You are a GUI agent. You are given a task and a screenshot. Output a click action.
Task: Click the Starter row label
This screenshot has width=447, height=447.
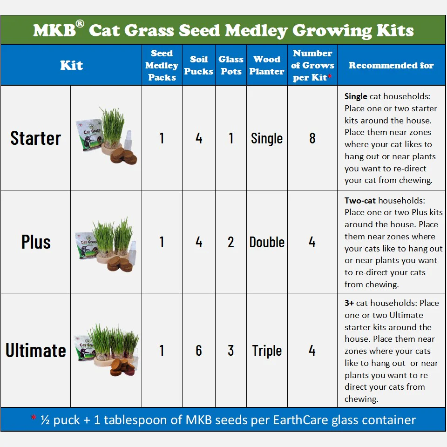[36, 138]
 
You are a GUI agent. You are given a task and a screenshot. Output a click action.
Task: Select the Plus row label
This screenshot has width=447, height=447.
[36, 242]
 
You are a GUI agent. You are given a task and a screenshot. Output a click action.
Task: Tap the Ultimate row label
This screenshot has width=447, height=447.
[36, 350]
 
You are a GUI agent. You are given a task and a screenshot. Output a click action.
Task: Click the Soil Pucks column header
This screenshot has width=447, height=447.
[199, 65]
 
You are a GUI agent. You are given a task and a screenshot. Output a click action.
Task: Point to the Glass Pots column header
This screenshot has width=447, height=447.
[231, 65]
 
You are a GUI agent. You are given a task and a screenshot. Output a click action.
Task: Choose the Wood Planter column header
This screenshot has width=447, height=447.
[267, 65]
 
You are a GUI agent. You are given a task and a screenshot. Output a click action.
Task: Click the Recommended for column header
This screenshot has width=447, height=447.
[391, 65]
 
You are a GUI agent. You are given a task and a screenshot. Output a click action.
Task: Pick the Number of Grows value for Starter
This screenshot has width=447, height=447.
[312, 138]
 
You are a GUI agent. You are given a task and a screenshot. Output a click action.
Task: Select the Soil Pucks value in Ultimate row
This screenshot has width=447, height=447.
[199, 350]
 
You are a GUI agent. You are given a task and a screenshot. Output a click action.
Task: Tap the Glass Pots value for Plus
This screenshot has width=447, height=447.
[231, 242]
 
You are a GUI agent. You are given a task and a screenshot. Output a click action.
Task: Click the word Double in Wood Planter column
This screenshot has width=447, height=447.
[267, 242]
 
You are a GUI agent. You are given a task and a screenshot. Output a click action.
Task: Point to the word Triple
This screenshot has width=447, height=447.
[267, 351]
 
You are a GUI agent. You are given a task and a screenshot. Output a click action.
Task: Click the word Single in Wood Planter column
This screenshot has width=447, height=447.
[267, 139]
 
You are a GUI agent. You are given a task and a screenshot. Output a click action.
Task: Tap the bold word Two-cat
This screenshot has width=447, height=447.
[360, 200]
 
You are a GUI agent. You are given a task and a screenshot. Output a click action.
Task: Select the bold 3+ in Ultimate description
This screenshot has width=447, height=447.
[349, 303]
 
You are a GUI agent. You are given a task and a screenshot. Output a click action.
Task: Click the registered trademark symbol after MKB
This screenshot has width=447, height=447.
[80, 23]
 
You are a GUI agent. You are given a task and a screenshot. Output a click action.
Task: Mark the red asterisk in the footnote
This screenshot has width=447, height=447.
[34, 418]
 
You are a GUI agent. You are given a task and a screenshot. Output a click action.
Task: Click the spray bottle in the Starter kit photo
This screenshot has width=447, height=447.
[128, 140]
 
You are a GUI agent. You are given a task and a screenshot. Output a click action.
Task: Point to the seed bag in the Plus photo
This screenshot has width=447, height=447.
[86, 245]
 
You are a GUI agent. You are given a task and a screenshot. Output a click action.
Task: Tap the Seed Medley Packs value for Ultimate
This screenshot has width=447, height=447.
[162, 350]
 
